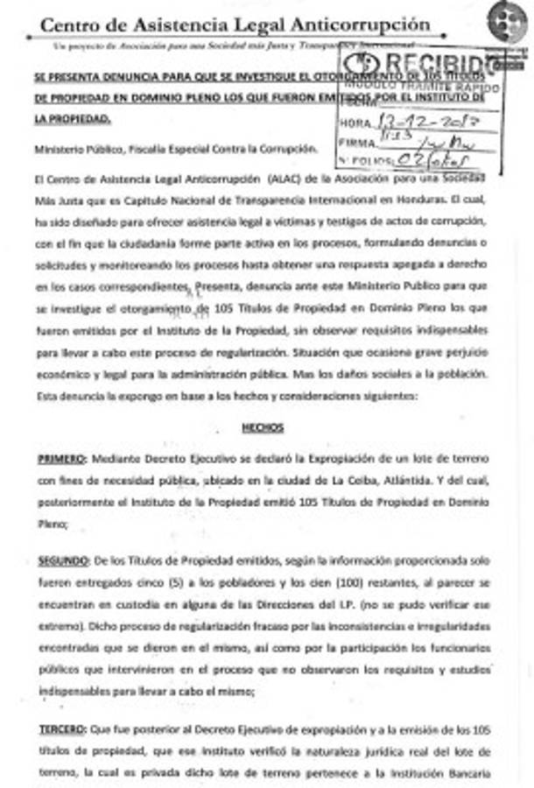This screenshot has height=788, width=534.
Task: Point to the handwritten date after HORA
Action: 421,123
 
